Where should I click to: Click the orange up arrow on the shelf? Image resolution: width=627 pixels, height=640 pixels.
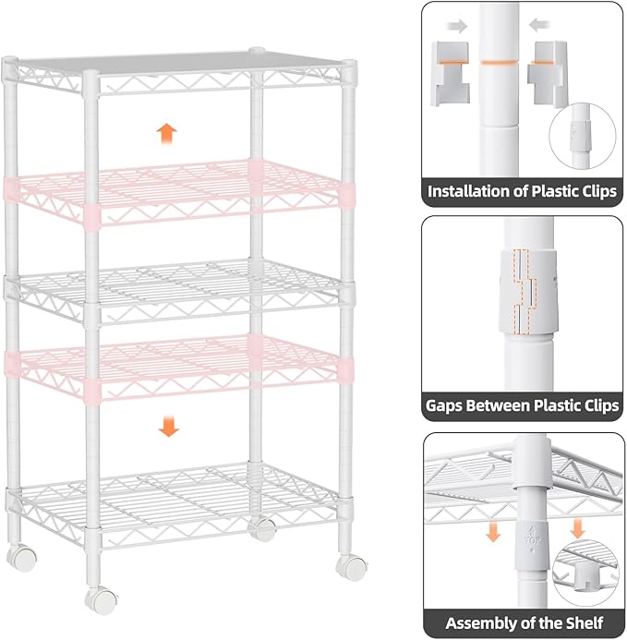tap(166, 133)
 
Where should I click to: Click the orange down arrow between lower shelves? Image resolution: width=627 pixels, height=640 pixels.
tap(168, 426)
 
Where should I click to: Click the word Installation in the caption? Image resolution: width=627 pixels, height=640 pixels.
tap(471, 193)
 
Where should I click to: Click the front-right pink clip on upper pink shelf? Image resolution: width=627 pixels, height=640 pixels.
tap(344, 193)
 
